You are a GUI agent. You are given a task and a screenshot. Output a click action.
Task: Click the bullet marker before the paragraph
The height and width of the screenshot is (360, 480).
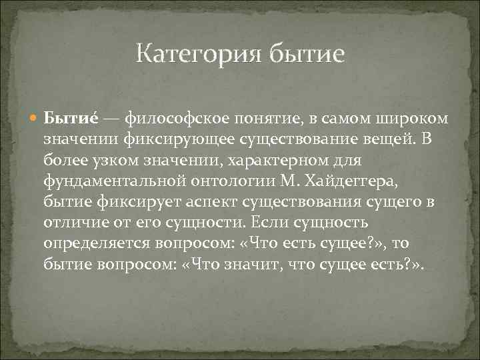36,119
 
